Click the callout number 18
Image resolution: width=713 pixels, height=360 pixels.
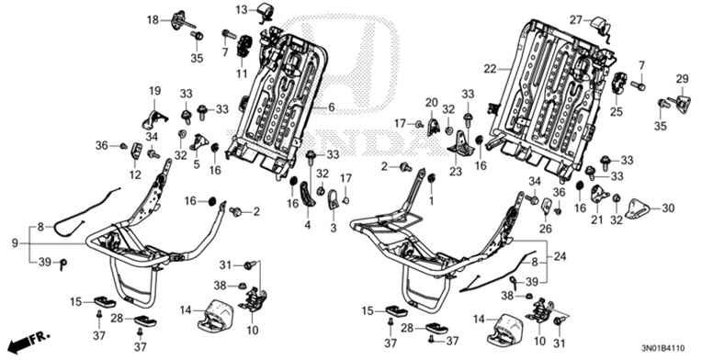pos(153,18)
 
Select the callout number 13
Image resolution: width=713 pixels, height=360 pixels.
pos(239,9)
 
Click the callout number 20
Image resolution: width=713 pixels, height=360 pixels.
pos(431,102)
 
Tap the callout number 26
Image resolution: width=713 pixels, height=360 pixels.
pos(545,228)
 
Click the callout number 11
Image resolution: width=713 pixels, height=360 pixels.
pos(243,73)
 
